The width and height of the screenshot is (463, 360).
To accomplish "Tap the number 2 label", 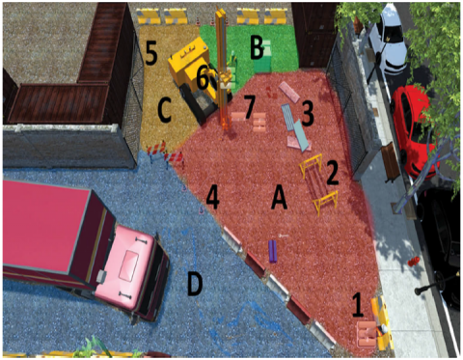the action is point(333,173).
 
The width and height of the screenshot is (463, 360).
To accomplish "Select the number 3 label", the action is point(307,113).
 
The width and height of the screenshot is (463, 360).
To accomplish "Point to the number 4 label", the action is point(212,198).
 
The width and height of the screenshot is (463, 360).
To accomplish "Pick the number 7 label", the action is point(249,107).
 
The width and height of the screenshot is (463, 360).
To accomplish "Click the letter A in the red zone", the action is point(279,199).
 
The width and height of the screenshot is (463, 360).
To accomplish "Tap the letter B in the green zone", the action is point(257,48).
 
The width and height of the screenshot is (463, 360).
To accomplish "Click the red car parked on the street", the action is point(415,130).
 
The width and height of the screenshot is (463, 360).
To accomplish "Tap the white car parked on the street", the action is point(390,39).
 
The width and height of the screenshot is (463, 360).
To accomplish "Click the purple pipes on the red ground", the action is point(273,251).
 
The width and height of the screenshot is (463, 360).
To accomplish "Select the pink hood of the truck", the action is point(129,266).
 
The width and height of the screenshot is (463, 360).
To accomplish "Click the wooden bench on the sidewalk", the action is point(392,162).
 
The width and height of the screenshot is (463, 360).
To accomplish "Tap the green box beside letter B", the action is point(262,59).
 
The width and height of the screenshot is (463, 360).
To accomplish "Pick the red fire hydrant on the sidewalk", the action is point(414,261).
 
